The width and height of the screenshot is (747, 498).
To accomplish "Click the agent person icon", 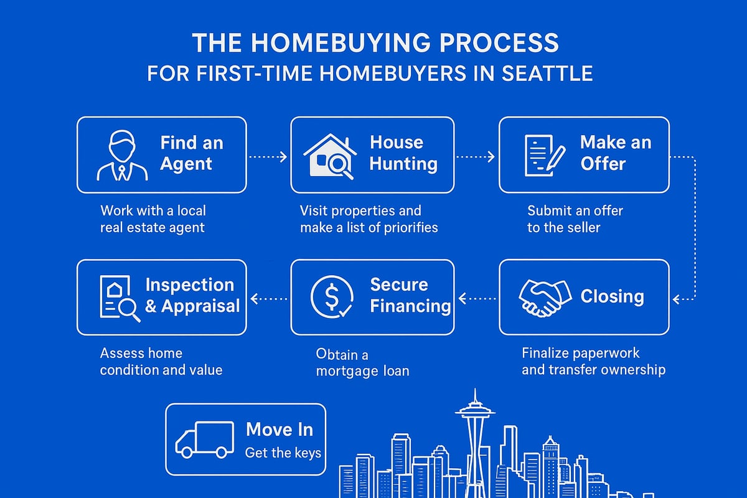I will [x=123, y=155].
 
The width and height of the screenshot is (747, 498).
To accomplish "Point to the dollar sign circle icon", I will [x=332, y=298].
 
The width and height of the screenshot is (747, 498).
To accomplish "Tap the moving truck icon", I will [x=204, y=438].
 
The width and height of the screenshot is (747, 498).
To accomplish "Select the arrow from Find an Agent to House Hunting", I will [x=268, y=156].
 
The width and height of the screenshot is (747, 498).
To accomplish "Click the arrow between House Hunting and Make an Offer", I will [x=476, y=156].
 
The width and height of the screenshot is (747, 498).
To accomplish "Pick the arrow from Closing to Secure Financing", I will [x=477, y=299].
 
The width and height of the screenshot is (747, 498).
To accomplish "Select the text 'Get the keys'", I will [x=283, y=453].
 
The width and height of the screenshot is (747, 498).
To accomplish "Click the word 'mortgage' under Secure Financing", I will [x=345, y=372].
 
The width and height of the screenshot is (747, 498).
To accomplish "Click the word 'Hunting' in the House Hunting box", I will [x=403, y=164].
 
